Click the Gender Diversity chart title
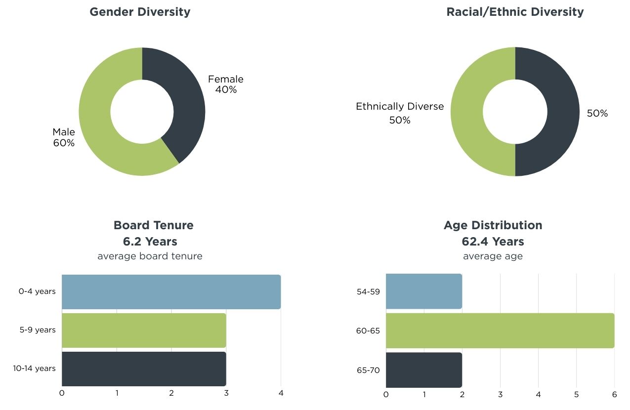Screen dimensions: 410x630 click(x=140, y=12)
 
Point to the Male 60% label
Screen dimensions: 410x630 click(x=64, y=138)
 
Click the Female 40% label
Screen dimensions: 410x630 click(x=225, y=84)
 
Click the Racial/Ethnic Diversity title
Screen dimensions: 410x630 click(x=515, y=12)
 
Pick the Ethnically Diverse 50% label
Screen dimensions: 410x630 click(x=400, y=113)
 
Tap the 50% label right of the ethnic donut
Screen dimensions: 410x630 click(x=597, y=114)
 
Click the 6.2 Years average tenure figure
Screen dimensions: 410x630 click(x=150, y=242)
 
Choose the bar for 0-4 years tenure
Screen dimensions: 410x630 click(x=171, y=292)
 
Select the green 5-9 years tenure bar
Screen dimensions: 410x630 click(x=144, y=330)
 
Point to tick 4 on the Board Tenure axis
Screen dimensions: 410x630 click(x=281, y=393)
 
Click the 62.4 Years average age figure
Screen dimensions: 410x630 click(x=493, y=242)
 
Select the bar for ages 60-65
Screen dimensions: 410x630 click(x=500, y=330)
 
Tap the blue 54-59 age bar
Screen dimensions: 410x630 click(x=423, y=292)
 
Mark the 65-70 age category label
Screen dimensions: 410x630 click(x=368, y=369)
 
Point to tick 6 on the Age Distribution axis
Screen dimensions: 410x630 click(x=614, y=394)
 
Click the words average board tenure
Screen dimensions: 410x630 click(x=150, y=256)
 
